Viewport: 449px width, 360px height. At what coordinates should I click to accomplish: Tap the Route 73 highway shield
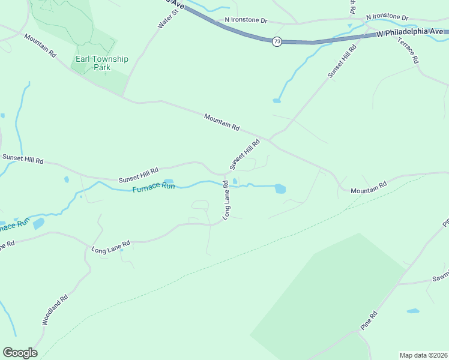[x=276, y=41]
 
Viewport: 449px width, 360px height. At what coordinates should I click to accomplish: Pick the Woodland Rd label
[x=55, y=310]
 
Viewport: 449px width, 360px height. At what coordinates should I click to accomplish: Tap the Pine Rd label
[x=369, y=319]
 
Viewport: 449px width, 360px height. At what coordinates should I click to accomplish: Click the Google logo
[x=20, y=353]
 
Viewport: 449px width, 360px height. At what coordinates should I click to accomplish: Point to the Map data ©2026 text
[x=424, y=355]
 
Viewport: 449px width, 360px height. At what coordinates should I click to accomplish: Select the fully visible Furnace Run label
[x=154, y=187]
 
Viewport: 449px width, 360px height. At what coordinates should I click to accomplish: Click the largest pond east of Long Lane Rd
[x=280, y=188]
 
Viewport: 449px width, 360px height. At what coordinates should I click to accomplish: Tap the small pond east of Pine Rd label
[x=412, y=311]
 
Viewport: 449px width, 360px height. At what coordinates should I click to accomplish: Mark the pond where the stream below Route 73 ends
[x=277, y=100]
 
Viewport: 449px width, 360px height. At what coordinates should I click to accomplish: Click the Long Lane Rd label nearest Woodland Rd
[x=110, y=247]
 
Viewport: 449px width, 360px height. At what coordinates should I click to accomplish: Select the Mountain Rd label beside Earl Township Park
[x=40, y=46]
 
